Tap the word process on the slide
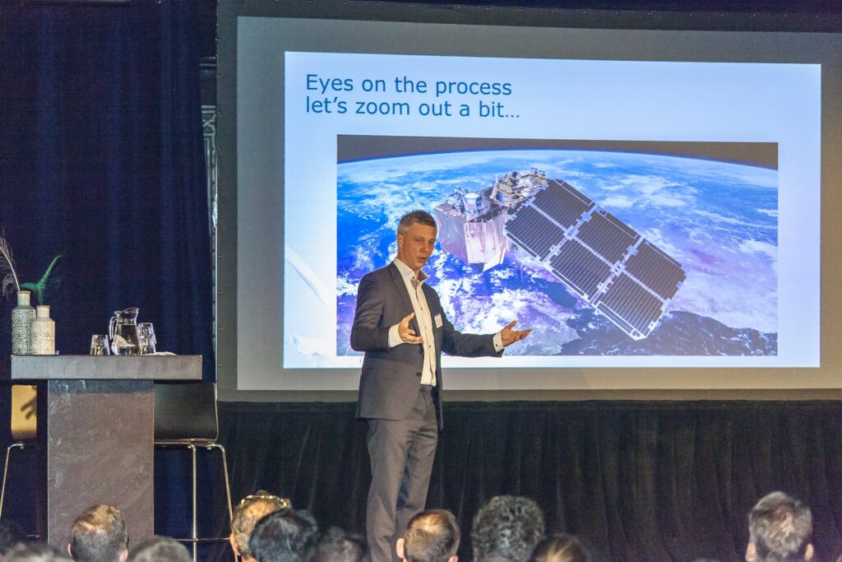pyautogui.click(x=473, y=87)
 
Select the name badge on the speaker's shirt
pyautogui.click(x=437, y=321)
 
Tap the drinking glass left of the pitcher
pyautogui.click(x=99, y=345)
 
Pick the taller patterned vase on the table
pyautogui.click(x=22, y=323)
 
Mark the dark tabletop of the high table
pyautogui.click(x=106, y=367)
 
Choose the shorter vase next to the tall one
pyautogui.click(x=43, y=330)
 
